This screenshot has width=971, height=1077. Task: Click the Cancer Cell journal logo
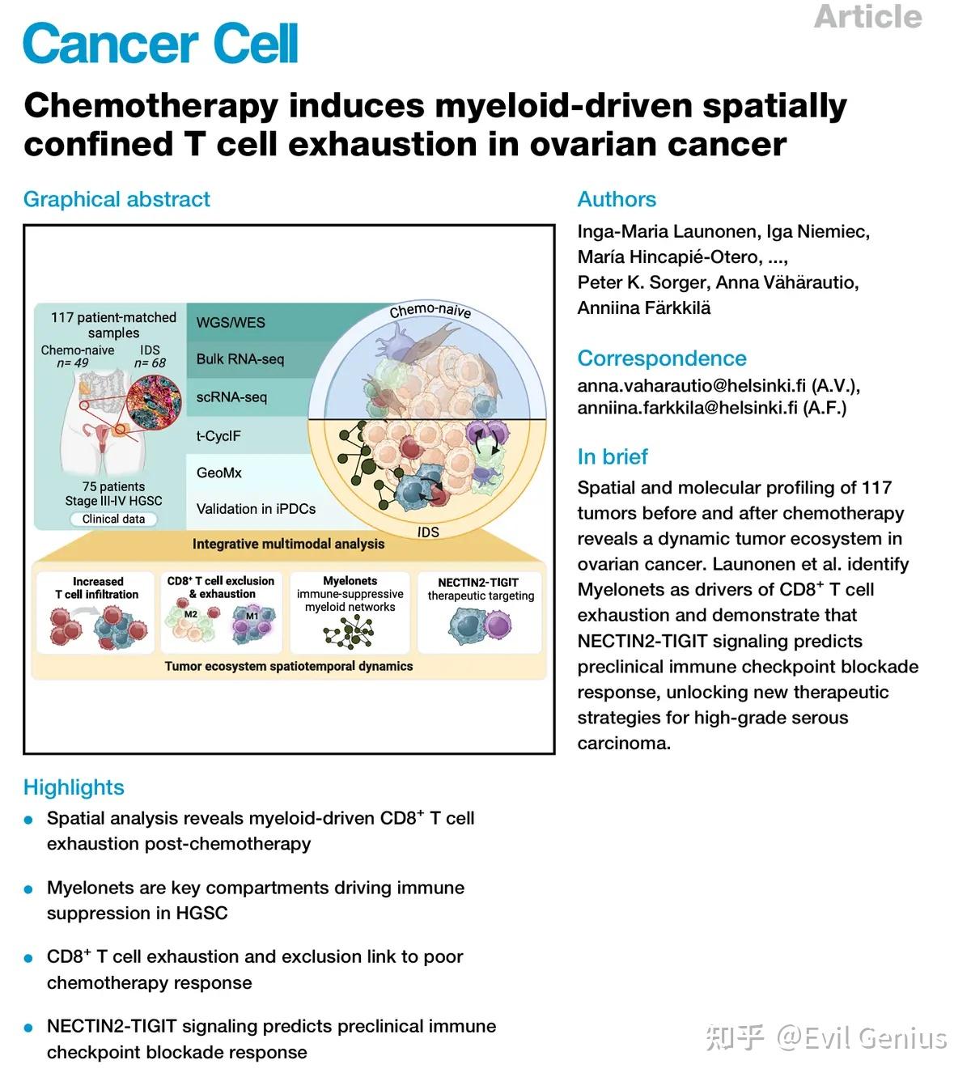coord(160,44)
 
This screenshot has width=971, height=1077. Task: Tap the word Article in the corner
coord(867,17)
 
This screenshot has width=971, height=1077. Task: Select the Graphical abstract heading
coord(117,199)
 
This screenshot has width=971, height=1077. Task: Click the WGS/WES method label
coord(231,322)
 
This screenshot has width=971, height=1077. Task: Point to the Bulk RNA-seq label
coord(240,358)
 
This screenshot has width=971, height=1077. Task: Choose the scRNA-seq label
coord(231,396)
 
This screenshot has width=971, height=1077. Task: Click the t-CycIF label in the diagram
coord(218,435)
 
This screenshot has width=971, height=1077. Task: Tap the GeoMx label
coord(219,473)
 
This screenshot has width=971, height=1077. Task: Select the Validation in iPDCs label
coord(256,509)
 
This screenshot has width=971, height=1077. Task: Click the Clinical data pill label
coord(113,519)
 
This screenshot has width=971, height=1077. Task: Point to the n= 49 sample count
coord(72,363)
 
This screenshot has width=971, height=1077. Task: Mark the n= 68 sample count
coord(150,363)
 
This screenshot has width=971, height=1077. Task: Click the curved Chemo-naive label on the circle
coord(430,311)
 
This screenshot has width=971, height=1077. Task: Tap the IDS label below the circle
coord(428,532)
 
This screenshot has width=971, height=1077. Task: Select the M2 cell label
coord(191,614)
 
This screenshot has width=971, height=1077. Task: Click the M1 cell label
coord(252,616)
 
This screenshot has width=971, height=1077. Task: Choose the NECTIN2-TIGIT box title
coord(478,582)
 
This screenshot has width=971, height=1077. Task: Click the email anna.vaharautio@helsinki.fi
coord(692,386)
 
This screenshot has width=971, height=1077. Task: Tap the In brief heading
coord(613,456)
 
